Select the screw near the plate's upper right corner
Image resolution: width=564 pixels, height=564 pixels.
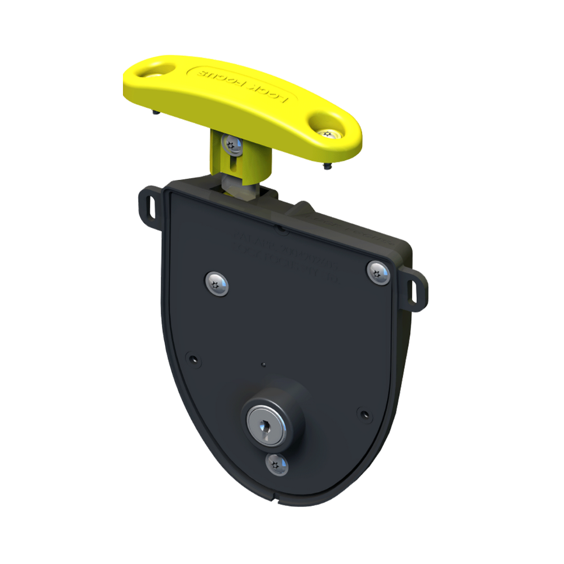coord(378,272)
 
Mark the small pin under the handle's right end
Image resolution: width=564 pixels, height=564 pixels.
coord(328,166)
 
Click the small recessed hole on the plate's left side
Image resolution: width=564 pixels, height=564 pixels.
coord(194,359)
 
